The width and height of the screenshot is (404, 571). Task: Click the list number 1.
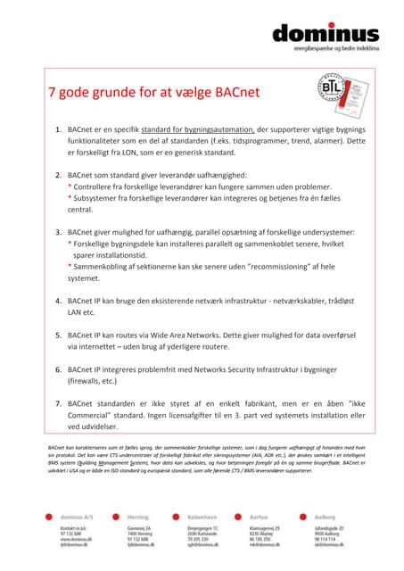[58, 129]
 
